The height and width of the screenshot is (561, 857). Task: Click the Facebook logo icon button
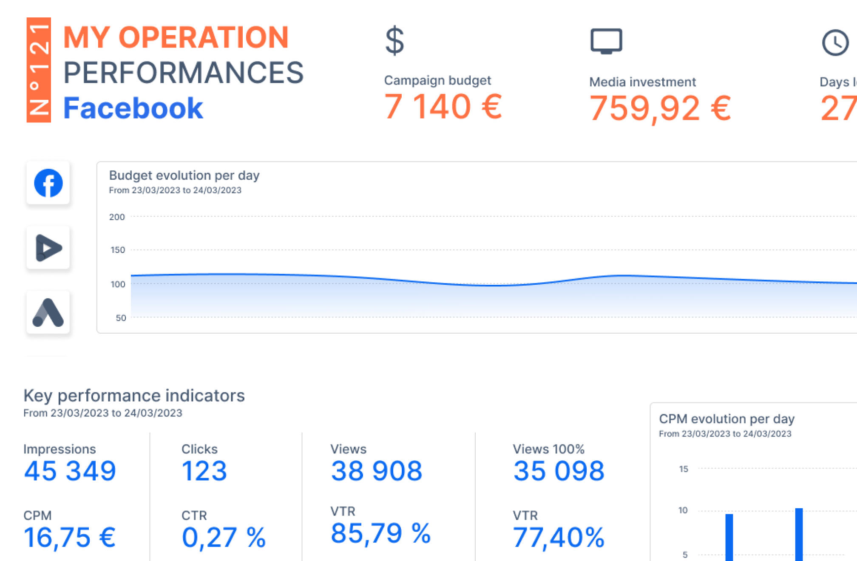48,183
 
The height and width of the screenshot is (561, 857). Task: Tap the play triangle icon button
48,248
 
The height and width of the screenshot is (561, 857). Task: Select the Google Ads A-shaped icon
48,313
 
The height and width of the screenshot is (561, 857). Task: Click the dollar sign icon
394,41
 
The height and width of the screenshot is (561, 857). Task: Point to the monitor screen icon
606,41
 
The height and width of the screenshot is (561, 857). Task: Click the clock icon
835,42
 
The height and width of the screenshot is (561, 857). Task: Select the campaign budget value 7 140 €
443,107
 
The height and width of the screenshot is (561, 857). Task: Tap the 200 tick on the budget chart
117,217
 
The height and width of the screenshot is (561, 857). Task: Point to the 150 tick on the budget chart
118,250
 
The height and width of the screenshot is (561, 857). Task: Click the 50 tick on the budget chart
121,318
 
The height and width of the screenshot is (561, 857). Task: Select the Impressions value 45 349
70,471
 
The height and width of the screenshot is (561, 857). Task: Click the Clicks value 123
204,471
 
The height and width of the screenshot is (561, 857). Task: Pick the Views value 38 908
377,471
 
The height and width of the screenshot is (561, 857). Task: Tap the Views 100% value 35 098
559,471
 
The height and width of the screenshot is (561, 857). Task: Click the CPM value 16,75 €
70,537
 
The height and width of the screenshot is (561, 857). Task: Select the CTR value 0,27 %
224,537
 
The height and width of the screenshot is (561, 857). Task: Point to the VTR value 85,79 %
380,533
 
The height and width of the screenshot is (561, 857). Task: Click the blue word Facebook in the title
133,108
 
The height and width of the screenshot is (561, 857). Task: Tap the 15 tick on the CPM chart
684,469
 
